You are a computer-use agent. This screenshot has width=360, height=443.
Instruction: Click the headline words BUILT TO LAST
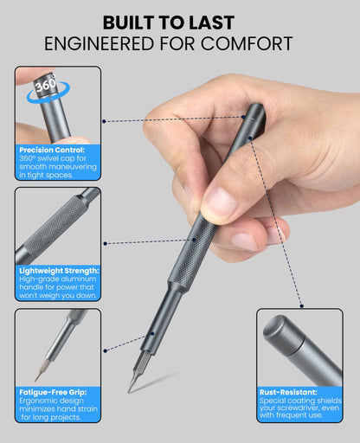(x=180, y=21)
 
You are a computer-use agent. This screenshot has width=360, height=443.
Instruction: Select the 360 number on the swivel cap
(x=46, y=86)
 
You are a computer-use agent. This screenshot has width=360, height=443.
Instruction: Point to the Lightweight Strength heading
(x=58, y=270)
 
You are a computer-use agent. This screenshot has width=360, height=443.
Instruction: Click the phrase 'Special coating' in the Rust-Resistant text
(x=285, y=401)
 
